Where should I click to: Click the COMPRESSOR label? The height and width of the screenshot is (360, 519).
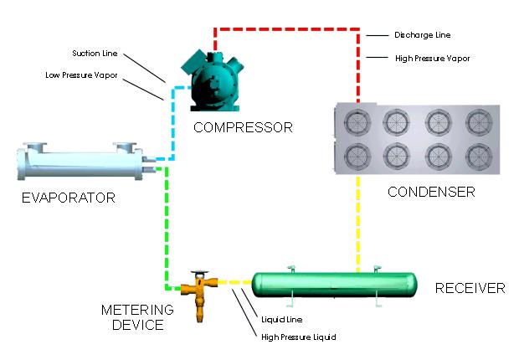tap(243, 127)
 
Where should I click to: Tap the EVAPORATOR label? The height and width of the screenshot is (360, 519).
tap(69, 198)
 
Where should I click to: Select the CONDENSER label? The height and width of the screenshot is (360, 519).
tap(431, 192)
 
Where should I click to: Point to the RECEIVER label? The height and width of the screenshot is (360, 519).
tap(470, 288)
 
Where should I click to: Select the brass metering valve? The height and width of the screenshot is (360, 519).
tap(199, 295)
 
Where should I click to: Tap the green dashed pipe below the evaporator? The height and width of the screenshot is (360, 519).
tap(165, 226)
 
